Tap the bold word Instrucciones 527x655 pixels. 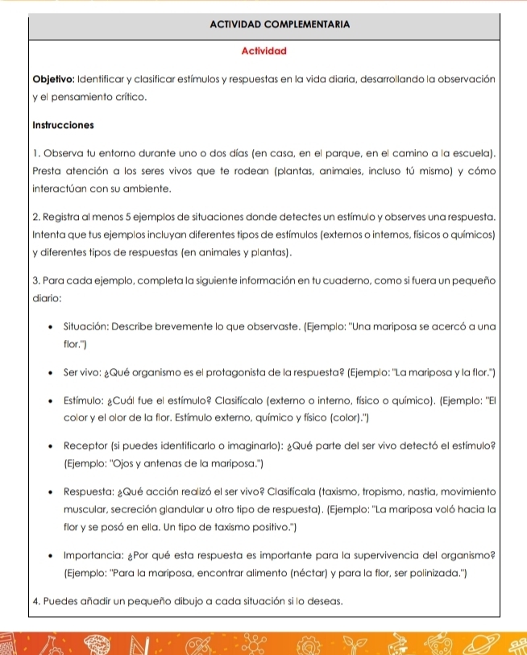point(63,125)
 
